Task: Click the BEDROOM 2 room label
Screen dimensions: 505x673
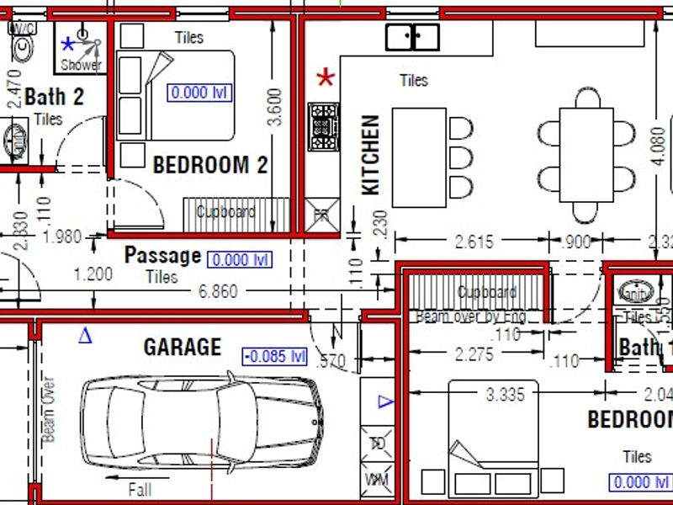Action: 209,165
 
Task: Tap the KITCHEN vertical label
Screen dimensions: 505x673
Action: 371,156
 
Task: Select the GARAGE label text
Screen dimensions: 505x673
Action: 182,347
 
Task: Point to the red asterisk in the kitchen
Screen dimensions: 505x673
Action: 326,79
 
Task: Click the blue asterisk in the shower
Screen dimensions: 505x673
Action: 68,43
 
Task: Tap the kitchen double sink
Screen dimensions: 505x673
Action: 412,37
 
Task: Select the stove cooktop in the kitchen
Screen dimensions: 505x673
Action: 324,127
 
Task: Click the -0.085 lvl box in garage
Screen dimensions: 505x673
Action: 274,356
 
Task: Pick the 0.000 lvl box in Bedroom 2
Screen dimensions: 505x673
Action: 199,93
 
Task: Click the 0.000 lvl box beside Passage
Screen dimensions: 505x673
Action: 240,260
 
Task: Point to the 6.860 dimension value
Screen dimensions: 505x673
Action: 218,292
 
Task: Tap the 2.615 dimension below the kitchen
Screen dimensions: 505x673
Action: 474,242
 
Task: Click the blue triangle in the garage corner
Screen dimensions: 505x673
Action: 85,336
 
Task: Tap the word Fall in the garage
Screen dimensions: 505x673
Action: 140,489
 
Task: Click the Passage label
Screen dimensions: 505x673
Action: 162,255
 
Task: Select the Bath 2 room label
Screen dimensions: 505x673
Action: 54,97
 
